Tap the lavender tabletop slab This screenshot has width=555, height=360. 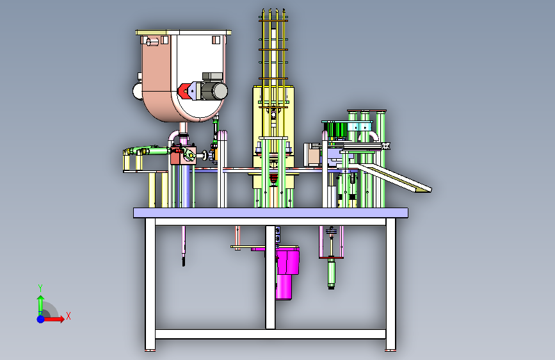[x=271, y=213]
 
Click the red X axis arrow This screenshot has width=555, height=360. [x=54, y=319]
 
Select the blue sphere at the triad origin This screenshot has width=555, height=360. [x=41, y=319]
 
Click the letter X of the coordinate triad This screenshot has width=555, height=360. [x=68, y=316]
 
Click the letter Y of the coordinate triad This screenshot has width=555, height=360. [x=40, y=288]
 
